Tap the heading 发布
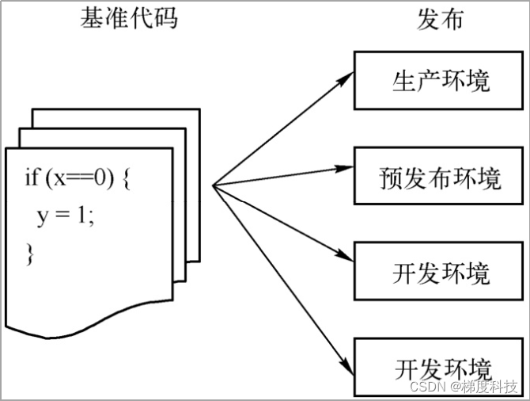(x=440, y=19)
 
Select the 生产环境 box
(x=441, y=80)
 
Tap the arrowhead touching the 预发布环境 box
(x=346, y=168)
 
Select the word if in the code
(x=31, y=178)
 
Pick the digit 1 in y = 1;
(x=85, y=216)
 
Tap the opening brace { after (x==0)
(x=131, y=179)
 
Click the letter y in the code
(x=43, y=218)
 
